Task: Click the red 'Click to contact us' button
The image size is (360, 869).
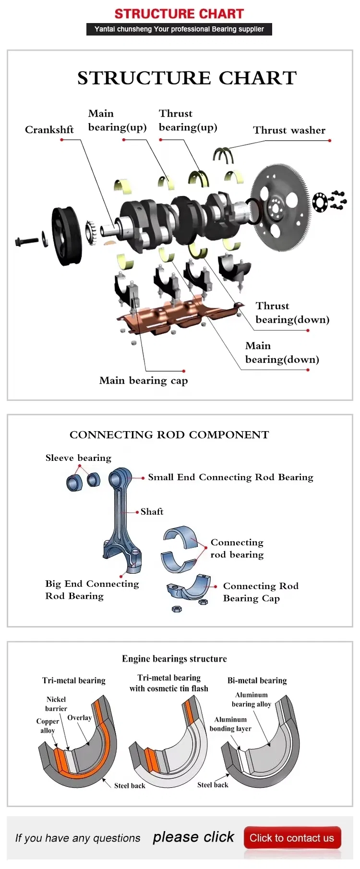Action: [x=292, y=838]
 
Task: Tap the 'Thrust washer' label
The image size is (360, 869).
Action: [x=289, y=130]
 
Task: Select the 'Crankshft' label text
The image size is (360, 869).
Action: [x=49, y=130]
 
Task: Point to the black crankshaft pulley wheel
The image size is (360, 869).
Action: [x=66, y=235]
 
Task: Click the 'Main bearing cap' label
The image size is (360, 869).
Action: [x=143, y=381]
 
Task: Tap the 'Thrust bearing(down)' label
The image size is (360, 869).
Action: [x=292, y=313]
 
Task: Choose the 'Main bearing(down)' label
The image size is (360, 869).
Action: [x=282, y=352]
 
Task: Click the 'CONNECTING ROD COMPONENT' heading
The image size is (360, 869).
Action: [x=169, y=435]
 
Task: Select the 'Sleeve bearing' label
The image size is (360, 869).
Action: [x=78, y=458]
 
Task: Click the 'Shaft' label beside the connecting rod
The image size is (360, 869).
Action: [x=152, y=512]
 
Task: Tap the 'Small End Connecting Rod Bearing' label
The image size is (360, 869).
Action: [x=230, y=477]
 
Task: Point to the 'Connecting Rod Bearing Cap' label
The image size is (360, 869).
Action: [x=261, y=592]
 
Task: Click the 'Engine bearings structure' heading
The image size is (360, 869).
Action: [x=174, y=659]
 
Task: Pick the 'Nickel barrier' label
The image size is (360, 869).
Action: [x=56, y=704]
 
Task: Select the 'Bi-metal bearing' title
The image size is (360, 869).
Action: [x=257, y=680]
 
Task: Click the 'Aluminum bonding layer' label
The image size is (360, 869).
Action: [x=230, y=724]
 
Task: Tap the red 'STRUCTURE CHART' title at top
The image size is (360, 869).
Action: [x=179, y=14]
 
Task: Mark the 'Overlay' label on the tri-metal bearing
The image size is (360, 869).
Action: [x=79, y=718]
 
